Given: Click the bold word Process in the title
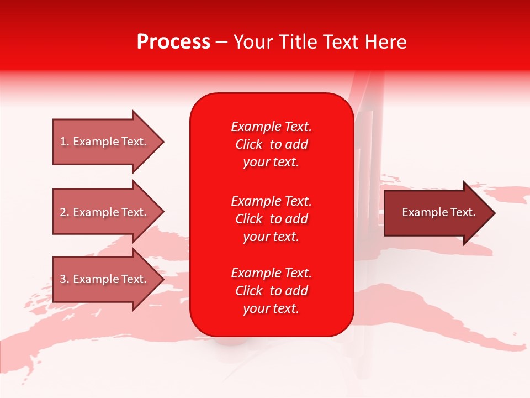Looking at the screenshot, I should [x=173, y=42].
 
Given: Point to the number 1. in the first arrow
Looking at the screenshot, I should [x=65, y=142].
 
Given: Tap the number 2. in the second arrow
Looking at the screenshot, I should [x=65, y=212].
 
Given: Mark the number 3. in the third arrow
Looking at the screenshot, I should [x=65, y=279].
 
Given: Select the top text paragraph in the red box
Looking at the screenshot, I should [x=271, y=144].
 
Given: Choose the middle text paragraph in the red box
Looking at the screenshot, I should [x=271, y=219].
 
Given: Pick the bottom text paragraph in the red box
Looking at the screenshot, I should [x=271, y=291].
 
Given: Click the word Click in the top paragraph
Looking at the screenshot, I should [x=248, y=144].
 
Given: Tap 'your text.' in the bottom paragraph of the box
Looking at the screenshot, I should [x=271, y=308].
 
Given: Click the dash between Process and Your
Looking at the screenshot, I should [x=221, y=42].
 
